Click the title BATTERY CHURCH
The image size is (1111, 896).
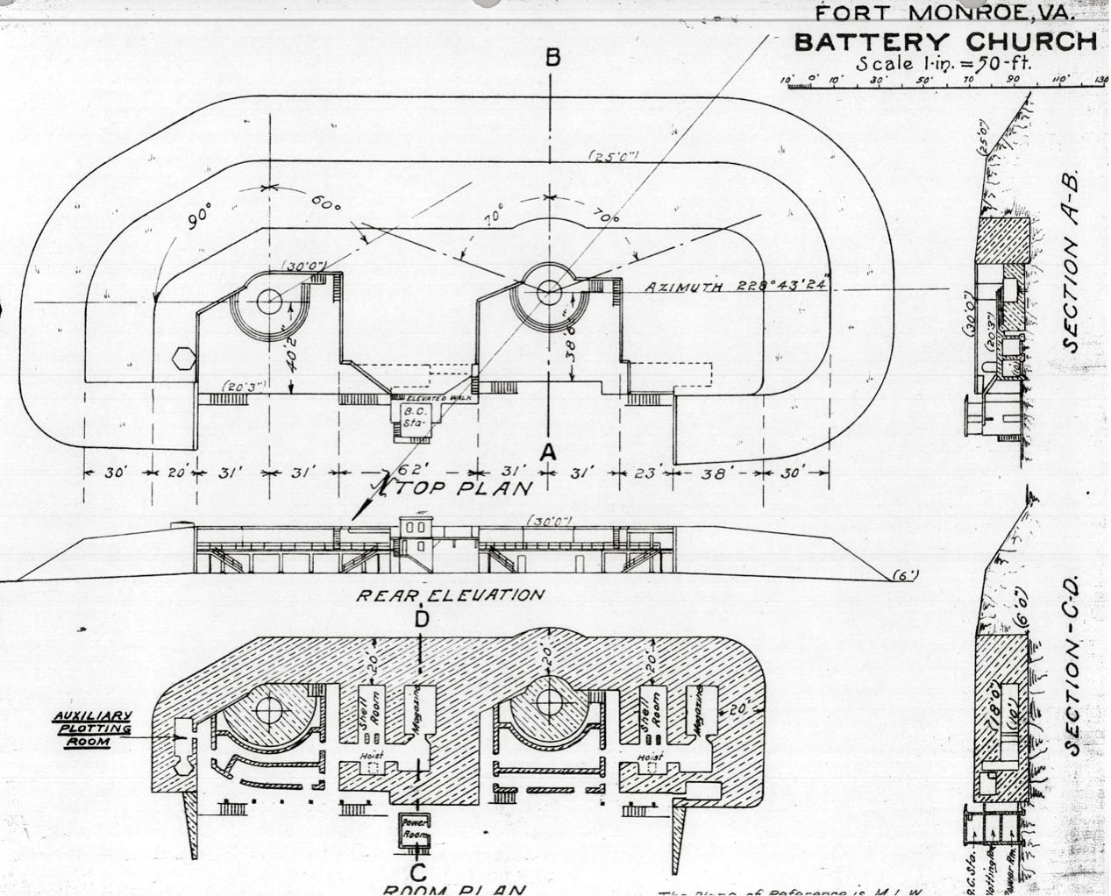[x=945, y=42]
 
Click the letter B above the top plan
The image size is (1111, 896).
[x=552, y=58]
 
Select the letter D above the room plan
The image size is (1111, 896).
[x=423, y=620]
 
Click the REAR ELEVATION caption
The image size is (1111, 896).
[x=449, y=594]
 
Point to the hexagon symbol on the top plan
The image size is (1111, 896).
[x=182, y=359]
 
